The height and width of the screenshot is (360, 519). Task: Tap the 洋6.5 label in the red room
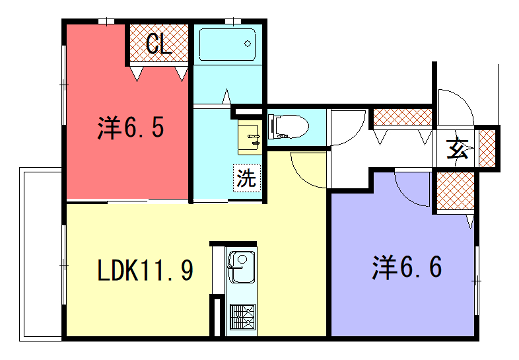[x=131, y=128]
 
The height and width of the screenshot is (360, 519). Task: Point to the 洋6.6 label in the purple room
[x=407, y=268]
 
